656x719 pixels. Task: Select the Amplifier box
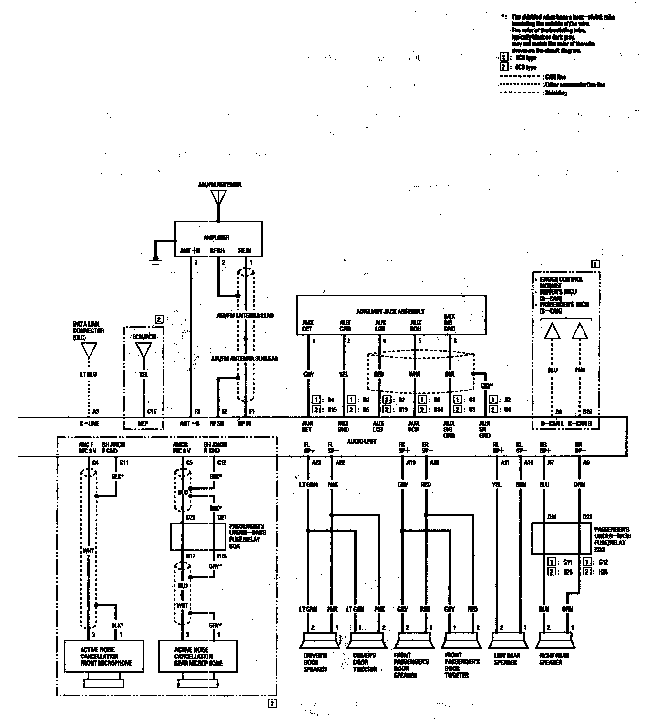pyautogui.click(x=218, y=238)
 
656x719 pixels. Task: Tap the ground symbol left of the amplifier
pyautogui.click(x=155, y=259)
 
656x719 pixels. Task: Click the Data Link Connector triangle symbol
pyautogui.click(x=89, y=350)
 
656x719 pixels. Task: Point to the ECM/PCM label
pyautogui.click(x=143, y=337)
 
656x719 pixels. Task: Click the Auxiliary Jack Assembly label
pyautogui.click(x=390, y=311)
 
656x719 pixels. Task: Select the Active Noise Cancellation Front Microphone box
pyautogui.click(x=104, y=656)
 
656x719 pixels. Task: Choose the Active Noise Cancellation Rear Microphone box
pyautogui.click(x=198, y=656)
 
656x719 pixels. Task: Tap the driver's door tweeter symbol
pyautogui.click(x=367, y=640)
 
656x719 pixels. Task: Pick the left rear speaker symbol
pyautogui.click(x=509, y=640)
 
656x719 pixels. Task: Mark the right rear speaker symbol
pyautogui.click(x=555, y=640)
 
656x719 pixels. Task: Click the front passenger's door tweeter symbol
pyautogui.click(x=461, y=640)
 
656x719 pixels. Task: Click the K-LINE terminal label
pyautogui.click(x=89, y=423)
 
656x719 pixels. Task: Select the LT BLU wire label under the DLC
pyautogui.click(x=89, y=375)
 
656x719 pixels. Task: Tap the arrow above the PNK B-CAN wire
pyautogui.click(x=580, y=331)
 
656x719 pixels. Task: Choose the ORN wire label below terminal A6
pyautogui.click(x=580, y=484)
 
